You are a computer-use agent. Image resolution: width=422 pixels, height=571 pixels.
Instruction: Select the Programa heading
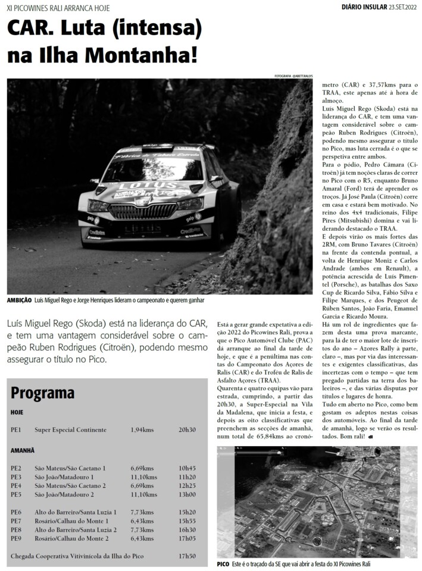(x=42, y=393)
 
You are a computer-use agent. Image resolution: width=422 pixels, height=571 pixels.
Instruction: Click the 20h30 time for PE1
(x=187, y=429)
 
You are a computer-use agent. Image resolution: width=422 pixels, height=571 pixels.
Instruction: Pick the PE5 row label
(x=16, y=494)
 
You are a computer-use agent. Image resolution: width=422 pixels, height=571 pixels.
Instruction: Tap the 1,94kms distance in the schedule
(x=143, y=429)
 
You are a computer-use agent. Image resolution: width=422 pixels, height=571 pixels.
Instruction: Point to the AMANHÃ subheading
(x=23, y=451)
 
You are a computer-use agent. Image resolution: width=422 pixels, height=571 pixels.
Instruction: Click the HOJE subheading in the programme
(x=17, y=412)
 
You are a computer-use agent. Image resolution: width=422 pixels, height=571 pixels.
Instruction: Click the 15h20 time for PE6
(x=187, y=512)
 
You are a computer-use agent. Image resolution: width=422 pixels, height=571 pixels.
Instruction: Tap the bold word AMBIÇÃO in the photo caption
(x=19, y=301)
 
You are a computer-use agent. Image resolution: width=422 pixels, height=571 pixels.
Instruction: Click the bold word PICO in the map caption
(x=223, y=564)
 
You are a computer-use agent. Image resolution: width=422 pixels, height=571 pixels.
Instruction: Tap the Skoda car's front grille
(x=140, y=211)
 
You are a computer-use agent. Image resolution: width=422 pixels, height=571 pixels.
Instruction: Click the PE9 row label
(x=16, y=538)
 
